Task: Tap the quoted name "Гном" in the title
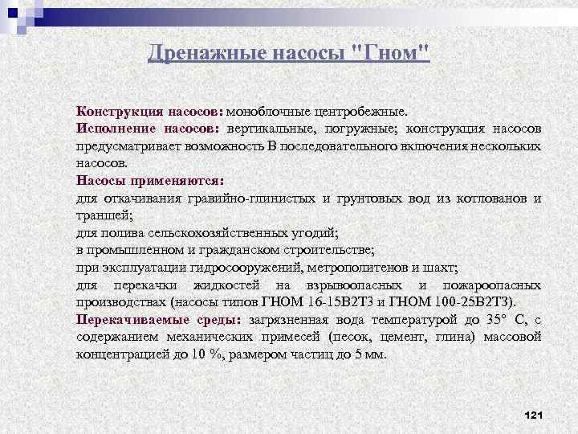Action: point(393,52)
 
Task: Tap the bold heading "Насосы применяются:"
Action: point(149,181)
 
